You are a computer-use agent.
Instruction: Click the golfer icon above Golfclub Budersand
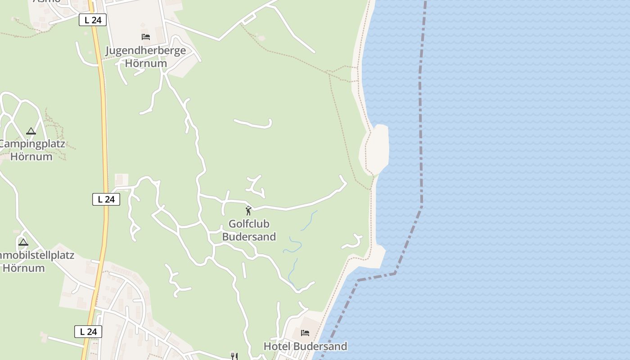tap(248, 210)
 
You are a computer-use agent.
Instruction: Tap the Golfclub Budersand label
tap(249, 230)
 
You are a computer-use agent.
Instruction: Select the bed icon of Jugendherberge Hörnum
tap(145, 36)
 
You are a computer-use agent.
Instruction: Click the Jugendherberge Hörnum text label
tap(145, 57)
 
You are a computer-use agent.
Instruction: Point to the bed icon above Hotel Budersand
tap(305, 333)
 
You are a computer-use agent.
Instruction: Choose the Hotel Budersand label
tap(305, 346)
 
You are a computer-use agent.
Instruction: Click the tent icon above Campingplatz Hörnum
tap(31, 131)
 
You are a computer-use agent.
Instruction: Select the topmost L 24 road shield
tap(93, 20)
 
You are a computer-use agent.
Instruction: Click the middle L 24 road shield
tap(106, 199)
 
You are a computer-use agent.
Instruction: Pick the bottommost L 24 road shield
tap(88, 332)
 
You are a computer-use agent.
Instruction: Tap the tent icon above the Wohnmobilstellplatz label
tap(23, 243)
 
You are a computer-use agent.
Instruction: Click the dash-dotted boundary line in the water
tap(421, 135)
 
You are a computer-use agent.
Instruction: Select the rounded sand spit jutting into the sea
tap(375, 148)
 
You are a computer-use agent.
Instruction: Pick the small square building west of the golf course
tap(121, 180)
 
